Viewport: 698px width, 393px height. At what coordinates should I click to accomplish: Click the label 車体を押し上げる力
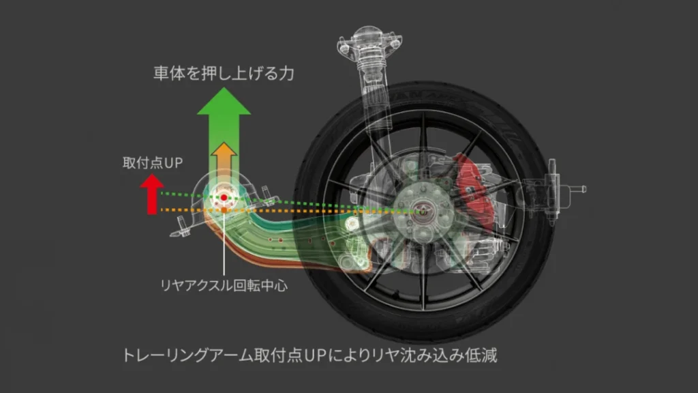point(223,74)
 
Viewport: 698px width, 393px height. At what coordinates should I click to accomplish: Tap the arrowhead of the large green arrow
point(223,104)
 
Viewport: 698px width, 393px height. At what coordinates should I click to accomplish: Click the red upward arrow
point(151,191)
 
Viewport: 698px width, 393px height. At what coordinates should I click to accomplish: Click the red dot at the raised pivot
point(224,197)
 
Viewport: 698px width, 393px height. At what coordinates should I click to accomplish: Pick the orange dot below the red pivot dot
point(224,209)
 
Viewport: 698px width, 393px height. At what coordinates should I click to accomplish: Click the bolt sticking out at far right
point(581,187)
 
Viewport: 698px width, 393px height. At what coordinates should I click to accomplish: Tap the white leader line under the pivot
point(224,246)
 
